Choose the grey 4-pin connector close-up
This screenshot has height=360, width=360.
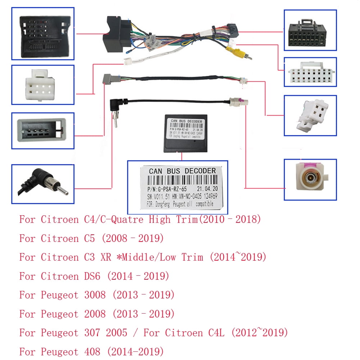point(42,130)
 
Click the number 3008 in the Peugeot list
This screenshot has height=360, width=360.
point(95,295)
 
